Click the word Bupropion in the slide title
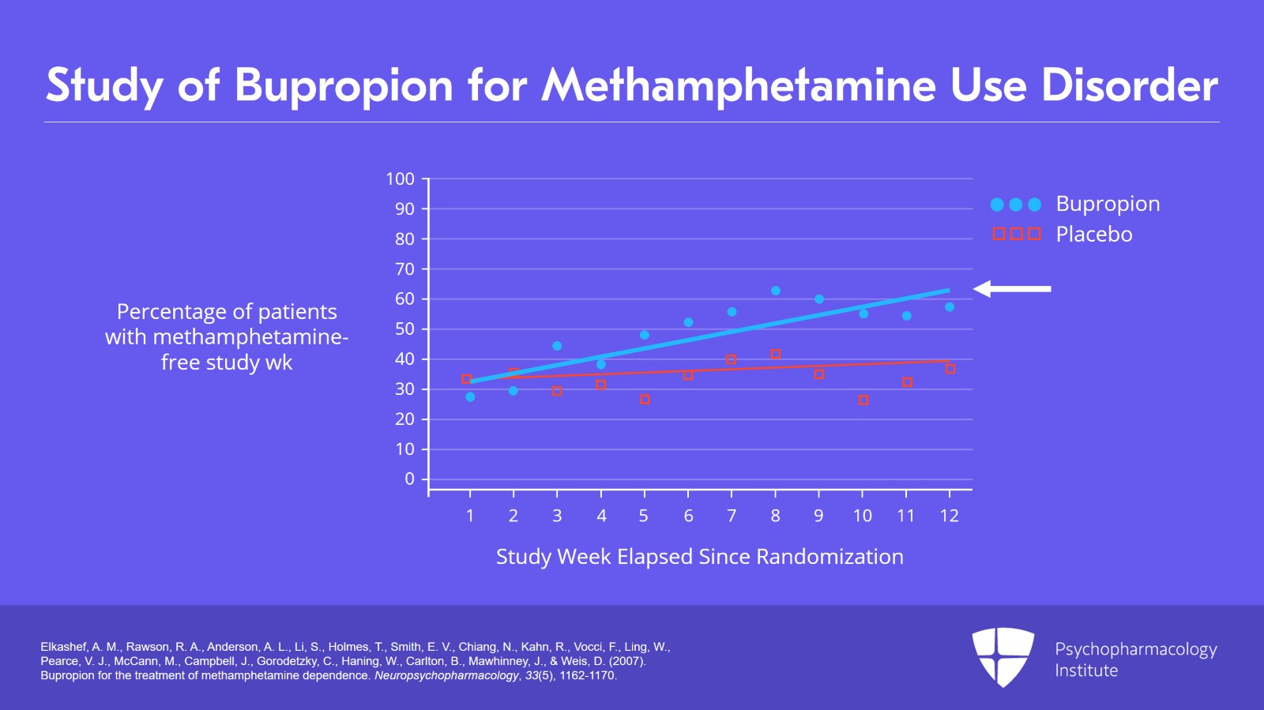pos(344,85)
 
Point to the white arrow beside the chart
pos(1012,289)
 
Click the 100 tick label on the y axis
pos(400,179)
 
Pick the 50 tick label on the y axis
pos(404,329)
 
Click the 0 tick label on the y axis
pos(409,479)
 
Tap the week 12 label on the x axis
pos(949,516)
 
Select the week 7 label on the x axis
pos(732,516)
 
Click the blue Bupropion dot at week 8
pos(776,291)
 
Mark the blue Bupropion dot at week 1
pos(470,397)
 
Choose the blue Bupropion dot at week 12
pos(950,307)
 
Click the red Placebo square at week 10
pos(863,400)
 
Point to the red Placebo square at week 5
pos(645,400)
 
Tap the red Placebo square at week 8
pos(776,355)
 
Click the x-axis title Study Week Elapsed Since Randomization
pos(699,557)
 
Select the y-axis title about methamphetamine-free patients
pos(227,337)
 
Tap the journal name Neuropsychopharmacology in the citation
pos(446,676)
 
